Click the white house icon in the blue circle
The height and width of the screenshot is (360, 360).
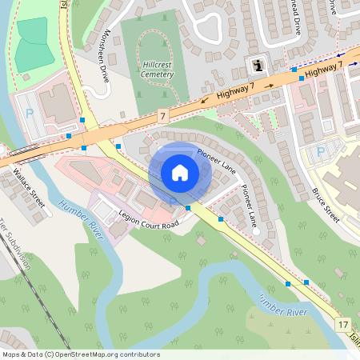(x=179, y=173)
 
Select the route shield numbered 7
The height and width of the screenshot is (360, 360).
(x=162, y=117)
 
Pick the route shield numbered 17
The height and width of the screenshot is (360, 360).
(x=343, y=324)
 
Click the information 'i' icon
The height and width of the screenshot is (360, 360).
(x=257, y=65)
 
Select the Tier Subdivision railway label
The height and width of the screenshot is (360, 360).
(x=16, y=243)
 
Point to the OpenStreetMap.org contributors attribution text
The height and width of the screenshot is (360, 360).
(x=80, y=354)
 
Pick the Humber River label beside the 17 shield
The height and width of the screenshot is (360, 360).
(x=283, y=304)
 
